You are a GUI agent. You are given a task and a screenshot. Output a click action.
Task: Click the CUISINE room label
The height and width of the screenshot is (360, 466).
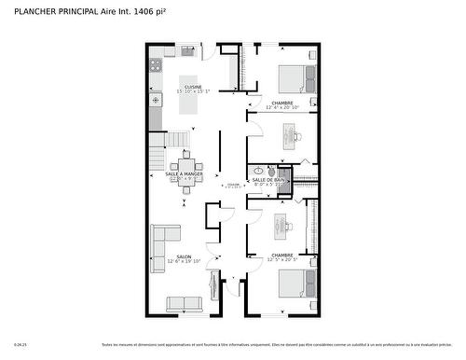tap(192, 88)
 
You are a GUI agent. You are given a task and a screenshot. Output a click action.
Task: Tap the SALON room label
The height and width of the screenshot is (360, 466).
tap(184, 256)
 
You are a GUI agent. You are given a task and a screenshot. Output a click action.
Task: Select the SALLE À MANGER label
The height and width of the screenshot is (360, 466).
tap(184, 173)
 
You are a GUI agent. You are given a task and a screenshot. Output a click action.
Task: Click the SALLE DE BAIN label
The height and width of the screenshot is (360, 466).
tap(270, 180)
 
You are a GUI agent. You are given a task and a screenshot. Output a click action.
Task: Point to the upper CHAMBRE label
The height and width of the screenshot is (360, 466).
tap(282, 103)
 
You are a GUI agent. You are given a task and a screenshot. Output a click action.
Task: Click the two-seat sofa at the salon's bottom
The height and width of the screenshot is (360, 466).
tap(184, 303)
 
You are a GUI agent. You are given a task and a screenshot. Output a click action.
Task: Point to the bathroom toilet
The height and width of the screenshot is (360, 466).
tap(258, 172)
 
